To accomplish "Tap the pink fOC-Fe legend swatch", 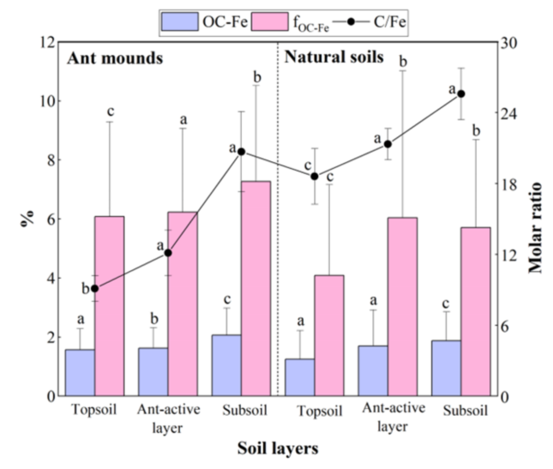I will pos(280,19).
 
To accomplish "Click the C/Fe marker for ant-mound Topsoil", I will pos(95,289).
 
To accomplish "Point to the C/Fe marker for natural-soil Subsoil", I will pos(460,93).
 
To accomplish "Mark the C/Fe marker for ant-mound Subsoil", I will pos(241,152).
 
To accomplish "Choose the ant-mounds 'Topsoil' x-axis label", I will pos(95,411).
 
